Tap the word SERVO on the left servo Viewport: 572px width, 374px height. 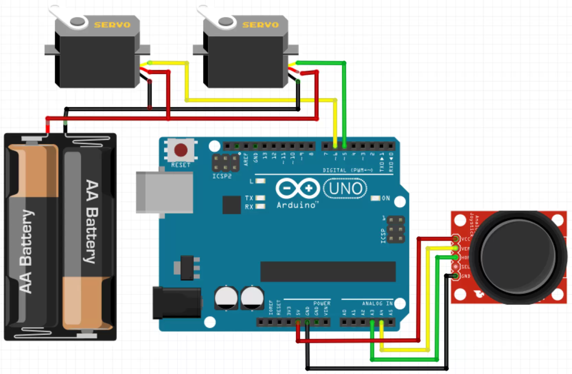pos(112,25)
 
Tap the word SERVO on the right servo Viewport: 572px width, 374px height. pos(260,25)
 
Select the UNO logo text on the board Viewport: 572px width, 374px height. pos(345,188)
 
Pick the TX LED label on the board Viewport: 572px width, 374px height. pos(249,198)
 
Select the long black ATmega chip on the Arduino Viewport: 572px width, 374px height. pos(327,271)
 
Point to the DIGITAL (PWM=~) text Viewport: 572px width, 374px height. pos(349,170)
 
